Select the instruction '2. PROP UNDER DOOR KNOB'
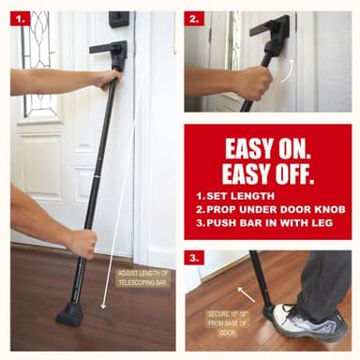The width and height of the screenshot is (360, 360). [267, 212]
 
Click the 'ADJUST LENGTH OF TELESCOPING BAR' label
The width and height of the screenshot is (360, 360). [142, 278]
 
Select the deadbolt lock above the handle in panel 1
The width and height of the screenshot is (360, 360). [119, 19]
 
